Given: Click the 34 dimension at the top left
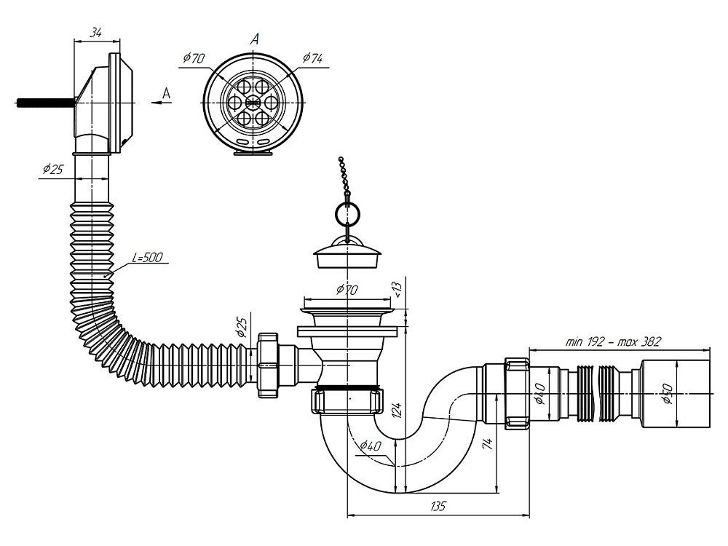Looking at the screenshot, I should pos(95,32).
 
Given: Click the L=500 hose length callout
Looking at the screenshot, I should pos(148,257).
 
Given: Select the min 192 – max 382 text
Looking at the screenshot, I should pos(612,341).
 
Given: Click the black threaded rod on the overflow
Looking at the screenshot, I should pos(44,103).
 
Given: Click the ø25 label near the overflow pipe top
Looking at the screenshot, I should pos(52,169).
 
